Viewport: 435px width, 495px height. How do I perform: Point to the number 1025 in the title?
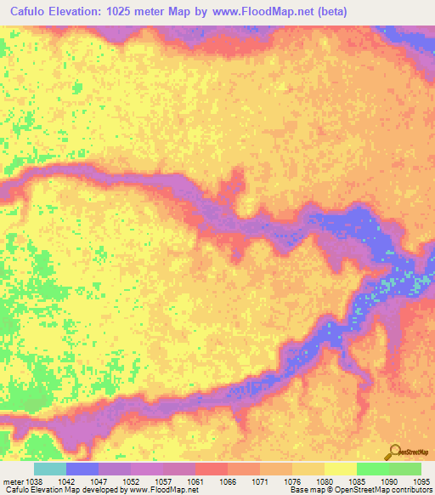tap(128, 12)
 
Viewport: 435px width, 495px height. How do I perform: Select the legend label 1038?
tap(33, 481)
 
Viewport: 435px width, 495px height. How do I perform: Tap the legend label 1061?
tap(195, 481)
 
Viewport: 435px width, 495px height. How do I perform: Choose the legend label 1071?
tap(260, 481)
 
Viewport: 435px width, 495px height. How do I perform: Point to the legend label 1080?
tap(325, 481)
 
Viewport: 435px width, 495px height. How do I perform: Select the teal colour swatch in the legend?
tap(49, 469)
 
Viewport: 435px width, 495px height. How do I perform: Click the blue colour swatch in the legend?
tap(82, 469)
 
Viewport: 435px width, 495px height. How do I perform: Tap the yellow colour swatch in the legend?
tap(340, 469)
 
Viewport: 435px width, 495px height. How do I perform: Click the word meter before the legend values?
tap(12, 481)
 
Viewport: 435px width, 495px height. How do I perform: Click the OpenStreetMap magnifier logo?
tap(395, 452)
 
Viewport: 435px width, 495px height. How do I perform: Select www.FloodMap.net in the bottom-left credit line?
tap(160, 491)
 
